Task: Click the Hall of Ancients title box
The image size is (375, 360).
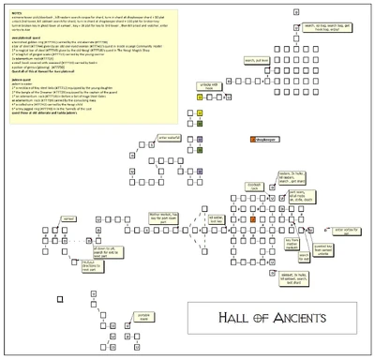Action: click(273, 318)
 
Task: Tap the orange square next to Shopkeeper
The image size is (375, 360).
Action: click(251, 139)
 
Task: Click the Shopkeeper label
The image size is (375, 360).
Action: click(267, 139)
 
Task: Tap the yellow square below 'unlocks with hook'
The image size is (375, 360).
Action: click(200, 112)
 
